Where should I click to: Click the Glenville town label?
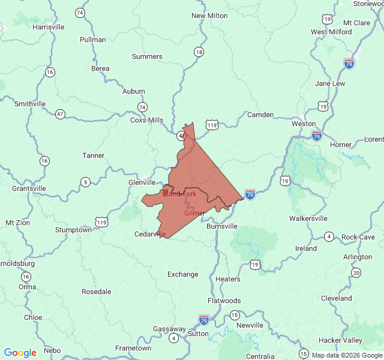[142, 182]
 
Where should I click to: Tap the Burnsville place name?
[221, 226]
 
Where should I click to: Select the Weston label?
[303, 124]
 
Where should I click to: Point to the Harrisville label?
[49, 27]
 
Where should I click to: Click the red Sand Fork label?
[180, 194]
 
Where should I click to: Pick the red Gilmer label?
[194, 213]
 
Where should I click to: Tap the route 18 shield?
[199, 52]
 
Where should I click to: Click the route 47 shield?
[60, 113]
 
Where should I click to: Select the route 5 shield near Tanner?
[86, 182]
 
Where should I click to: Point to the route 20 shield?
[356, 273]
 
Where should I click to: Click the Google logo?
[20, 353]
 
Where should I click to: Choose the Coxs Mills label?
[146, 120]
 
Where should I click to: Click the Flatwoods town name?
[224, 301]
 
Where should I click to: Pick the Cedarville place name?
[150, 234]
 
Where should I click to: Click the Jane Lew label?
[330, 83]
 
